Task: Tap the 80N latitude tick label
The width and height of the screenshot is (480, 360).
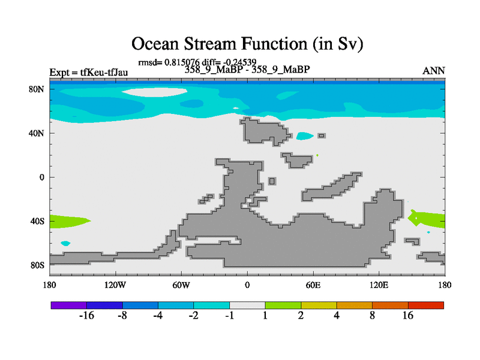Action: click(37, 89)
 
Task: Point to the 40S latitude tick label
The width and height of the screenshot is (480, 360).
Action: click(37, 221)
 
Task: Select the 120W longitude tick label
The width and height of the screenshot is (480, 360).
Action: click(115, 286)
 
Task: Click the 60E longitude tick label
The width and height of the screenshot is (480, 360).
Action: click(313, 286)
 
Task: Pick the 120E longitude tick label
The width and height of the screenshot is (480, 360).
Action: click(379, 286)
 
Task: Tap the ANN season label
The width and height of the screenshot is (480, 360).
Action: click(434, 71)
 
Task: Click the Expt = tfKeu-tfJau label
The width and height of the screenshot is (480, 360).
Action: click(89, 73)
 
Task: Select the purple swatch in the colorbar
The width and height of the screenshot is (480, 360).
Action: click(69, 305)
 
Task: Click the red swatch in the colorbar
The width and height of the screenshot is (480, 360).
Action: click(426, 305)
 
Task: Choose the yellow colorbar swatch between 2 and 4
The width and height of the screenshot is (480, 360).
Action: click(319, 305)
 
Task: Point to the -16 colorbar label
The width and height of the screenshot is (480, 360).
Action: click(86, 316)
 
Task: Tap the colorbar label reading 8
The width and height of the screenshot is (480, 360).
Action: click(372, 316)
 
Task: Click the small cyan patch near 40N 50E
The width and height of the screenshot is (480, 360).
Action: click(304, 136)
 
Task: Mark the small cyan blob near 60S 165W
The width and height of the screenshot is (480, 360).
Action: click(65, 244)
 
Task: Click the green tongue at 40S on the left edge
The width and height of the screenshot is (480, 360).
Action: click(69, 221)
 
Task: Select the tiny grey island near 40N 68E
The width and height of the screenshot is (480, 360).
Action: click(322, 136)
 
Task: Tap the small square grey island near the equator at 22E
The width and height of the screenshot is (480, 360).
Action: click(272, 181)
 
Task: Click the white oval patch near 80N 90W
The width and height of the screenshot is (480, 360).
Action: click(155, 92)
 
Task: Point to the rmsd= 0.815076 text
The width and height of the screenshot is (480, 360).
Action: click(169, 62)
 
